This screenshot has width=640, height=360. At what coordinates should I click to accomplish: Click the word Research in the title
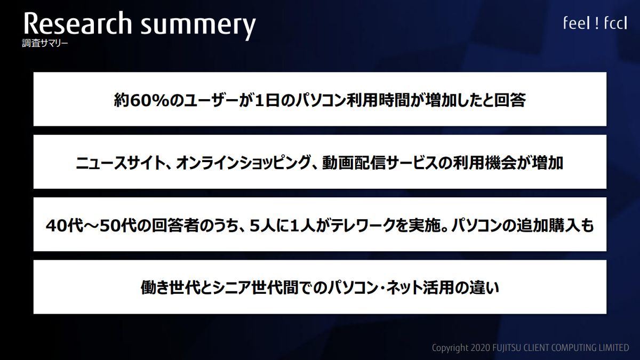[78, 23]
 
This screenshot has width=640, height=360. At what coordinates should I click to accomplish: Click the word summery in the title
[198, 26]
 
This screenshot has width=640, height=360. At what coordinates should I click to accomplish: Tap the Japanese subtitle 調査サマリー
[45, 43]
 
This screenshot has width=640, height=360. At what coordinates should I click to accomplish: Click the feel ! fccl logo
[595, 23]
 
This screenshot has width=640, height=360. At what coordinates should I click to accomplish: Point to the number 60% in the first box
[150, 100]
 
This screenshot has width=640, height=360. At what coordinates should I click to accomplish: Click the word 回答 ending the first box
[510, 100]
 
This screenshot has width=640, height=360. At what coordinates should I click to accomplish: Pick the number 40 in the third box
[57, 226]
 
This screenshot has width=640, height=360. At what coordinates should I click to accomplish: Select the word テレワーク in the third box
[364, 226]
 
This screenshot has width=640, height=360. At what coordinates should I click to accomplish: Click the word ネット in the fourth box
[403, 287]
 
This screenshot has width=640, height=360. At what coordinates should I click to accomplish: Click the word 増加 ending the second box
[547, 163]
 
